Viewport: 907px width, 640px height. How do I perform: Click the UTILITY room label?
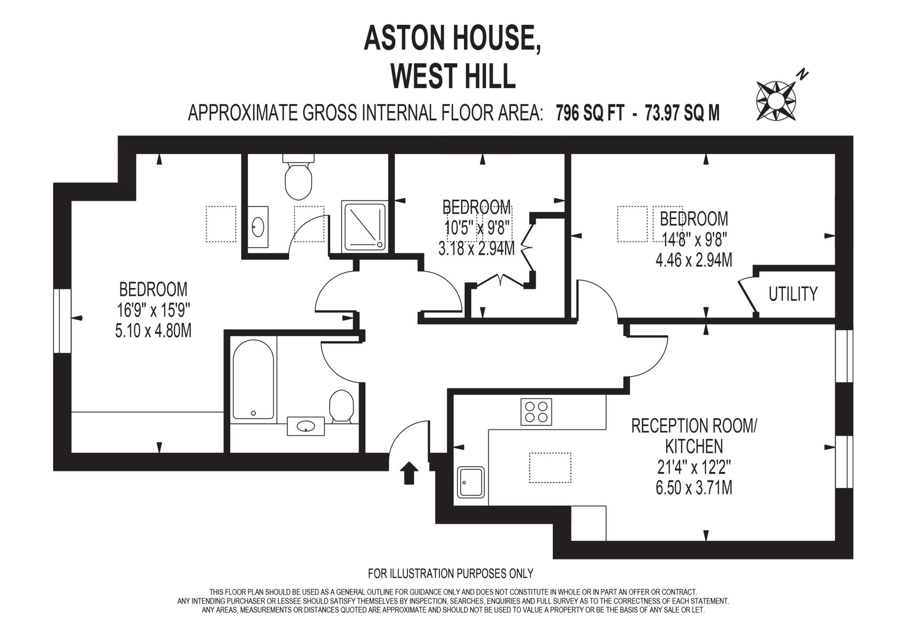click(793, 294)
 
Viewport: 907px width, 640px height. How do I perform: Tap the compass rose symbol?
click(775, 100)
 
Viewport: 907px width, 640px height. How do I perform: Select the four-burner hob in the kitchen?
click(536, 412)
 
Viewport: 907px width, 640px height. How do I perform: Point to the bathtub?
click(253, 379)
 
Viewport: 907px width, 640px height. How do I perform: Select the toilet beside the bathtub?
click(341, 405)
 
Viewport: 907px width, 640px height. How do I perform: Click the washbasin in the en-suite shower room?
click(257, 227)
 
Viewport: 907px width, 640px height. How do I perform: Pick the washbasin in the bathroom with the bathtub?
click(306, 426)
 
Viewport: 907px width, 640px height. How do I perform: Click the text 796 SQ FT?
click(590, 113)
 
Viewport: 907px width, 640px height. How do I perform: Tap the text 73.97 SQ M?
click(682, 113)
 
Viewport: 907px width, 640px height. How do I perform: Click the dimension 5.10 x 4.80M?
click(153, 331)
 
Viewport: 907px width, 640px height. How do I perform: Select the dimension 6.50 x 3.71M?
click(694, 488)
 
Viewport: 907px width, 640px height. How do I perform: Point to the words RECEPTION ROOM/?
click(694, 426)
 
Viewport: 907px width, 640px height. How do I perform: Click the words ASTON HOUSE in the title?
click(452, 39)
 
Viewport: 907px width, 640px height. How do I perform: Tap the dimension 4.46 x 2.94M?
click(694, 260)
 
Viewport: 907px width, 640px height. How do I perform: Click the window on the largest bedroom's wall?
click(62, 321)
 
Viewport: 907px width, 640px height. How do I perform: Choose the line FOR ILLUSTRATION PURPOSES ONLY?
click(450, 574)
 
